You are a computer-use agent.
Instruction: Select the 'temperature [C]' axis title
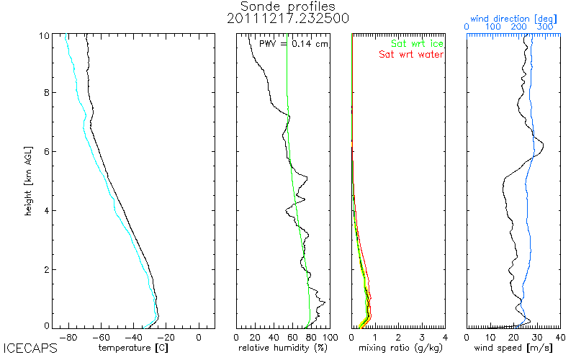click(132, 348)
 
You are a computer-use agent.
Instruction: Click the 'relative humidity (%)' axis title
click(283, 348)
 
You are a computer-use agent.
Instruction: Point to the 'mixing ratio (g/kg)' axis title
click(398, 348)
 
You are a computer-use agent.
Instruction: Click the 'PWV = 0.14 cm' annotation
click(294, 44)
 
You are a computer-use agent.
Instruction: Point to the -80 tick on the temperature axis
click(69, 336)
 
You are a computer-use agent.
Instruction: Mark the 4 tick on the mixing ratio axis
click(445, 336)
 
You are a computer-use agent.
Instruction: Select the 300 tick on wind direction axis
click(546, 27)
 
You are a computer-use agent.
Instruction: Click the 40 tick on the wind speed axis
click(559, 336)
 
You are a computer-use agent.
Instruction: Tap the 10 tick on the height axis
click(44, 34)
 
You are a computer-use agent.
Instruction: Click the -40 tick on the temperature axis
click(134, 336)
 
